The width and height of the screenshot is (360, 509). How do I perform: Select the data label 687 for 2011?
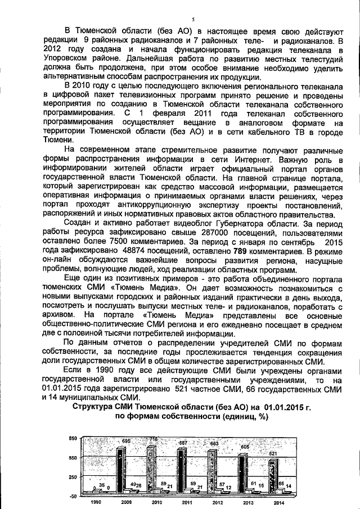point(183,444)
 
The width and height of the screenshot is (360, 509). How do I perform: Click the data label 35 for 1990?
point(101,485)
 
